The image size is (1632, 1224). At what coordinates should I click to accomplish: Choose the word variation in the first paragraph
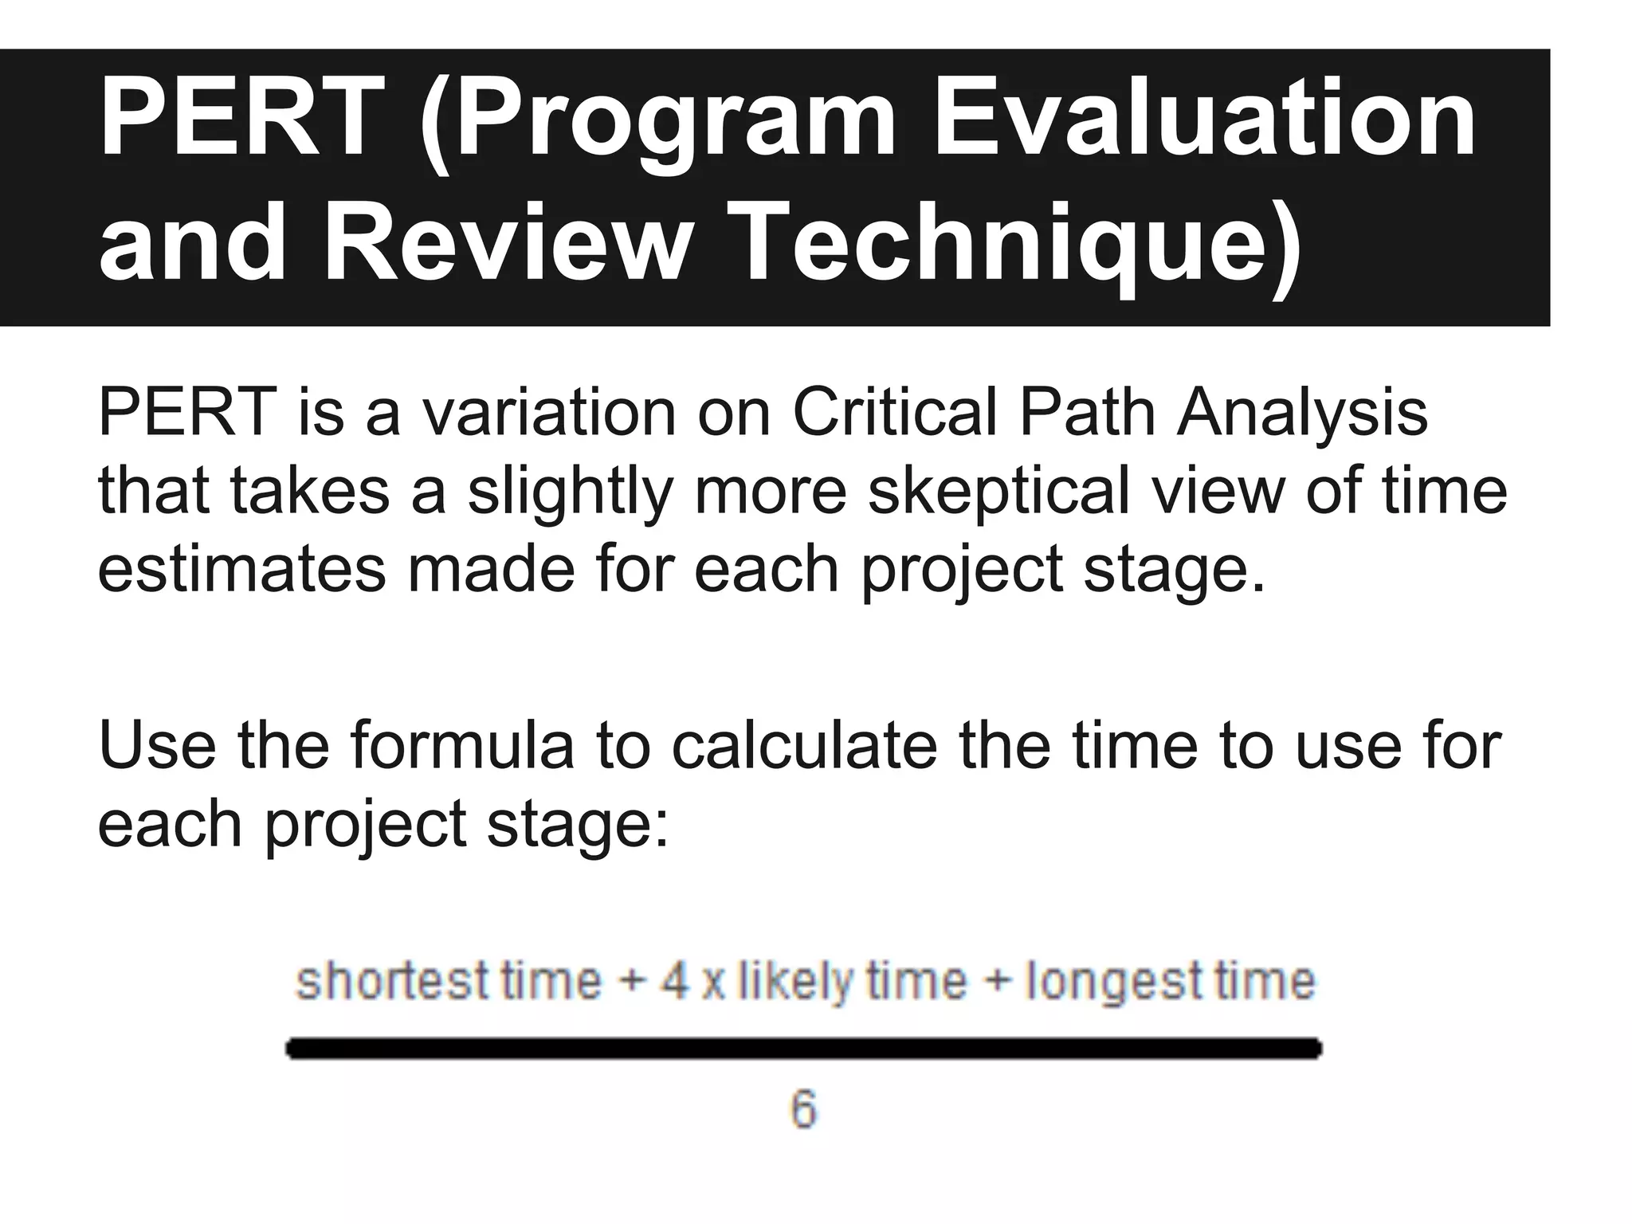[548, 414]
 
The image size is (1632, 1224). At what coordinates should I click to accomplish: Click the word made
[491, 569]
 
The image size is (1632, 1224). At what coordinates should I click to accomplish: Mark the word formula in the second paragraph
[461, 744]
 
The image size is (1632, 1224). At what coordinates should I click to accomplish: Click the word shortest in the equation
[391, 980]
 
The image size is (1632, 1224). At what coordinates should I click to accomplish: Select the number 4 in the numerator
[674, 980]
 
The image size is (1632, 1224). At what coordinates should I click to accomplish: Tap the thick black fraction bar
[803, 1049]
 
